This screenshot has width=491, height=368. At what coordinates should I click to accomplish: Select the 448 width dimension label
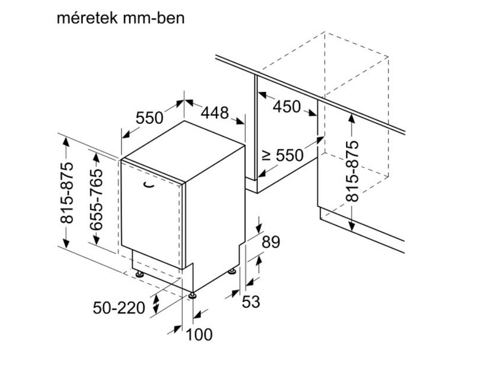215,113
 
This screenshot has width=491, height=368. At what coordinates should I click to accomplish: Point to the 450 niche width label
287,107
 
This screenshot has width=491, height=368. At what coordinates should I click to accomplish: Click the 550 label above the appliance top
149,118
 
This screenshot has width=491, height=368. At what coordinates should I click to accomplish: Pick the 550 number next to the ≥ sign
290,155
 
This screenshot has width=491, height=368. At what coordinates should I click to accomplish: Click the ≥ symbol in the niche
266,156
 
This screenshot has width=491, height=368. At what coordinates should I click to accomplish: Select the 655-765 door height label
96,200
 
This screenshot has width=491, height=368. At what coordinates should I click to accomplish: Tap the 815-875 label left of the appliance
67,193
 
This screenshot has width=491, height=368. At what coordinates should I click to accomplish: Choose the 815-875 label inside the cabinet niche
352,171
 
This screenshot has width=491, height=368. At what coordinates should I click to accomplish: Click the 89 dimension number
271,242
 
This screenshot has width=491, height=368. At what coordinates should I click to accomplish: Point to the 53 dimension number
251,302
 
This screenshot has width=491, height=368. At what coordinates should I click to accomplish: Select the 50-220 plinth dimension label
119,308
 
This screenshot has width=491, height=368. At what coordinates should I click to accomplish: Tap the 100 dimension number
199,334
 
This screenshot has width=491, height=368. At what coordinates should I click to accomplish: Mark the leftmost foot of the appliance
139,274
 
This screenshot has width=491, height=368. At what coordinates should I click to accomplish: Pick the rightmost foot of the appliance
233,271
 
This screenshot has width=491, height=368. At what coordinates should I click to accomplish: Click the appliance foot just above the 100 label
192,296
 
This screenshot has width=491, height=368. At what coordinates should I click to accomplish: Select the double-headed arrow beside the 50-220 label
156,304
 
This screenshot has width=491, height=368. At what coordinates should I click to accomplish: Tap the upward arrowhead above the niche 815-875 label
352,119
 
